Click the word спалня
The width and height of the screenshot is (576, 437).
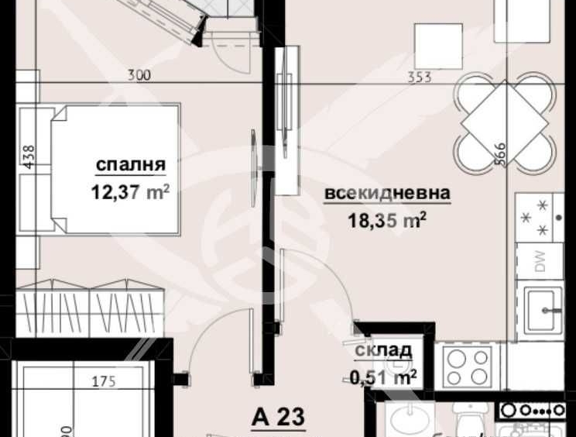tap(131, 165)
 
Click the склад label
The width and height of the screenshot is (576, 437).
tap(383, 351)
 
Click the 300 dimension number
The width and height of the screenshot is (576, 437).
tap(139, 76)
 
